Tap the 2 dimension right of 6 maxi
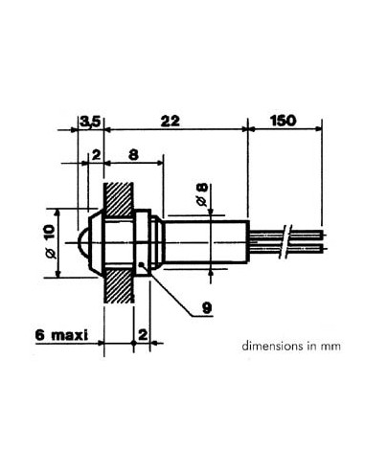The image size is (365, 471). (x=142, y=334)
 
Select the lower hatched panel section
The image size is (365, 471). (x=118, y=288)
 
